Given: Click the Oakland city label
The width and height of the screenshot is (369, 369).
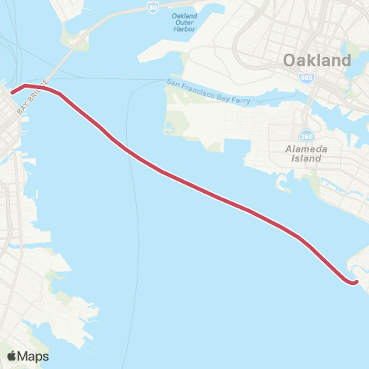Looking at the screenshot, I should pos(317,60).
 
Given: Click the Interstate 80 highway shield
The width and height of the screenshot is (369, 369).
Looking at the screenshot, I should pos(154,7).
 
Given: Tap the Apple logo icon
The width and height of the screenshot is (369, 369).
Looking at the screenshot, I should pos(12,356).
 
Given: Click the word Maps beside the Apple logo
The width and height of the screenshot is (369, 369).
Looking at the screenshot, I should pos(35,356).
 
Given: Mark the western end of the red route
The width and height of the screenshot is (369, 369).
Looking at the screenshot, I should pos(12,92).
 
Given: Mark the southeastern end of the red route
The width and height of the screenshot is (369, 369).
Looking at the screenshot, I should pos(355,282).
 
